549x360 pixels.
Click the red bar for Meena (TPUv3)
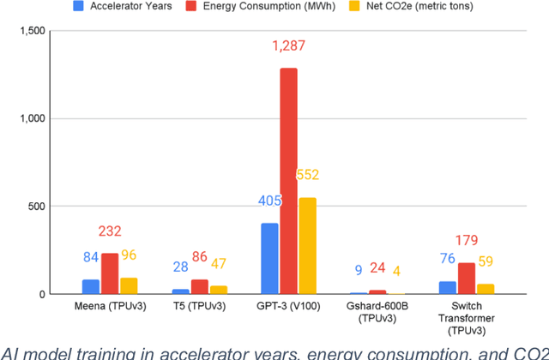pos(109,273)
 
